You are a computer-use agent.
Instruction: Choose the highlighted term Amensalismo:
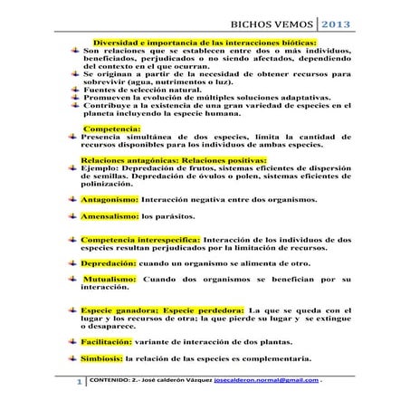(x=110, y=217)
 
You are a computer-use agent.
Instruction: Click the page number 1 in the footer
(x=80, y=385)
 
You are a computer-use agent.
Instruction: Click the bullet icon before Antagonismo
(x=72, y=197)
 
